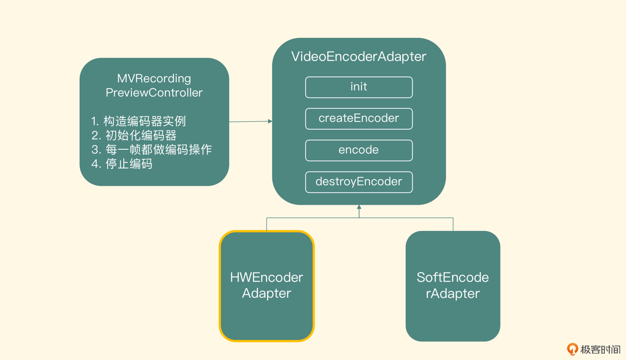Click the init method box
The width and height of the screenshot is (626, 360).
pos(359,87)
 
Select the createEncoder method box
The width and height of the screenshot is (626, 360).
pos(359,119)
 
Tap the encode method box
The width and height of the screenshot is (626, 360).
pos(359,150)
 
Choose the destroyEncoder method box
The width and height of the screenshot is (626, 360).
pos(359,182)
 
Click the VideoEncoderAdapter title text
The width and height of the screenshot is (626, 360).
pos(359,57)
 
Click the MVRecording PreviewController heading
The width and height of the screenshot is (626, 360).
pos(154,85)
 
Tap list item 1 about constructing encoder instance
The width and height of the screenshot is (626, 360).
pos(139,121)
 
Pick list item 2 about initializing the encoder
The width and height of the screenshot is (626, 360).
pos(134,135)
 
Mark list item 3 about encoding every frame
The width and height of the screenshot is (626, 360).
pos(152,150)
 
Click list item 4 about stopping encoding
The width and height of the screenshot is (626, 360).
pos(122,164)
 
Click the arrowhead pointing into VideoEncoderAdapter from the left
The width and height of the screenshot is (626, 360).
pos(270,121)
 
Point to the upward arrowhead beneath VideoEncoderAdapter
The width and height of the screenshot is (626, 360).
pos(359,207)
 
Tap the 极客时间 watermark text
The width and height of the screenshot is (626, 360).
pos(600,350)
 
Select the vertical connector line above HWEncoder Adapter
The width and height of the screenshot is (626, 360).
pos(267,224)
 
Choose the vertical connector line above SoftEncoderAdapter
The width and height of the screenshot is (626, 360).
pos(453,224)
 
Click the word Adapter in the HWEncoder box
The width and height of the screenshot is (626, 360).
pos(266,293)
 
